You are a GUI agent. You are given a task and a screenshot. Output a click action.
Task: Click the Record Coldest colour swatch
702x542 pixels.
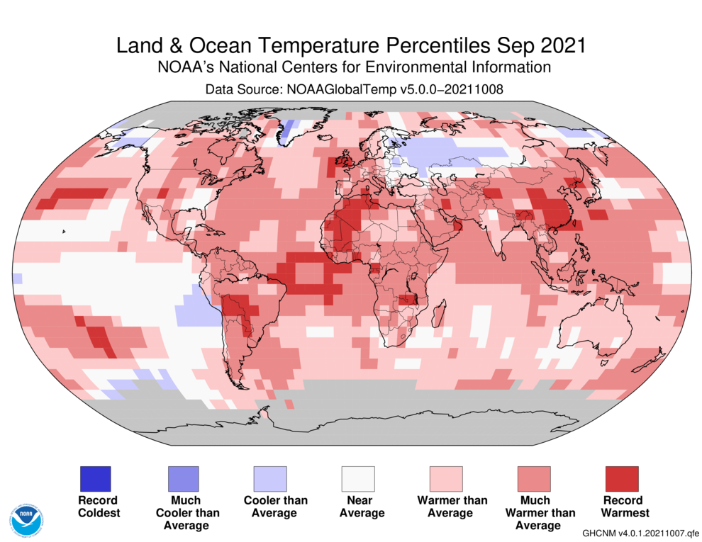click(x=95, y=479)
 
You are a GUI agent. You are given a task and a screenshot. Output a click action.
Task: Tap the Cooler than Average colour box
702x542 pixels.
click(x=270, y=479)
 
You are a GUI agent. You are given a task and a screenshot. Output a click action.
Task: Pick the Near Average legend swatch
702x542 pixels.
click(x=358, y=479)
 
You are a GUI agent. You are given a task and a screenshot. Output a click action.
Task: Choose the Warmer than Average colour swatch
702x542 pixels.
click(x=445, y=479)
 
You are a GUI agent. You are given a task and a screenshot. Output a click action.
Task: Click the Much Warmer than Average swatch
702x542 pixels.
click(x=534, y=479)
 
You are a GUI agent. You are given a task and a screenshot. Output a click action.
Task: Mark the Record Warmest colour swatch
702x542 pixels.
click(x=622, y=479)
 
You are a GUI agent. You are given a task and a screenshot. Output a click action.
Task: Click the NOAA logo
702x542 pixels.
click(x=27, y=520)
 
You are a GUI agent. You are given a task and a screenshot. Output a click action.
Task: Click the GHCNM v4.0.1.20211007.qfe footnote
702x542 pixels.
click(x=640, y=532)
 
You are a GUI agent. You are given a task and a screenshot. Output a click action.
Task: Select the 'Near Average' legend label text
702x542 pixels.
click(x=358, y=506)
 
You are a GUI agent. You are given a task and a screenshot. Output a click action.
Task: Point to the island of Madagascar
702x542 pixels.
click(x=439, y=312)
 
